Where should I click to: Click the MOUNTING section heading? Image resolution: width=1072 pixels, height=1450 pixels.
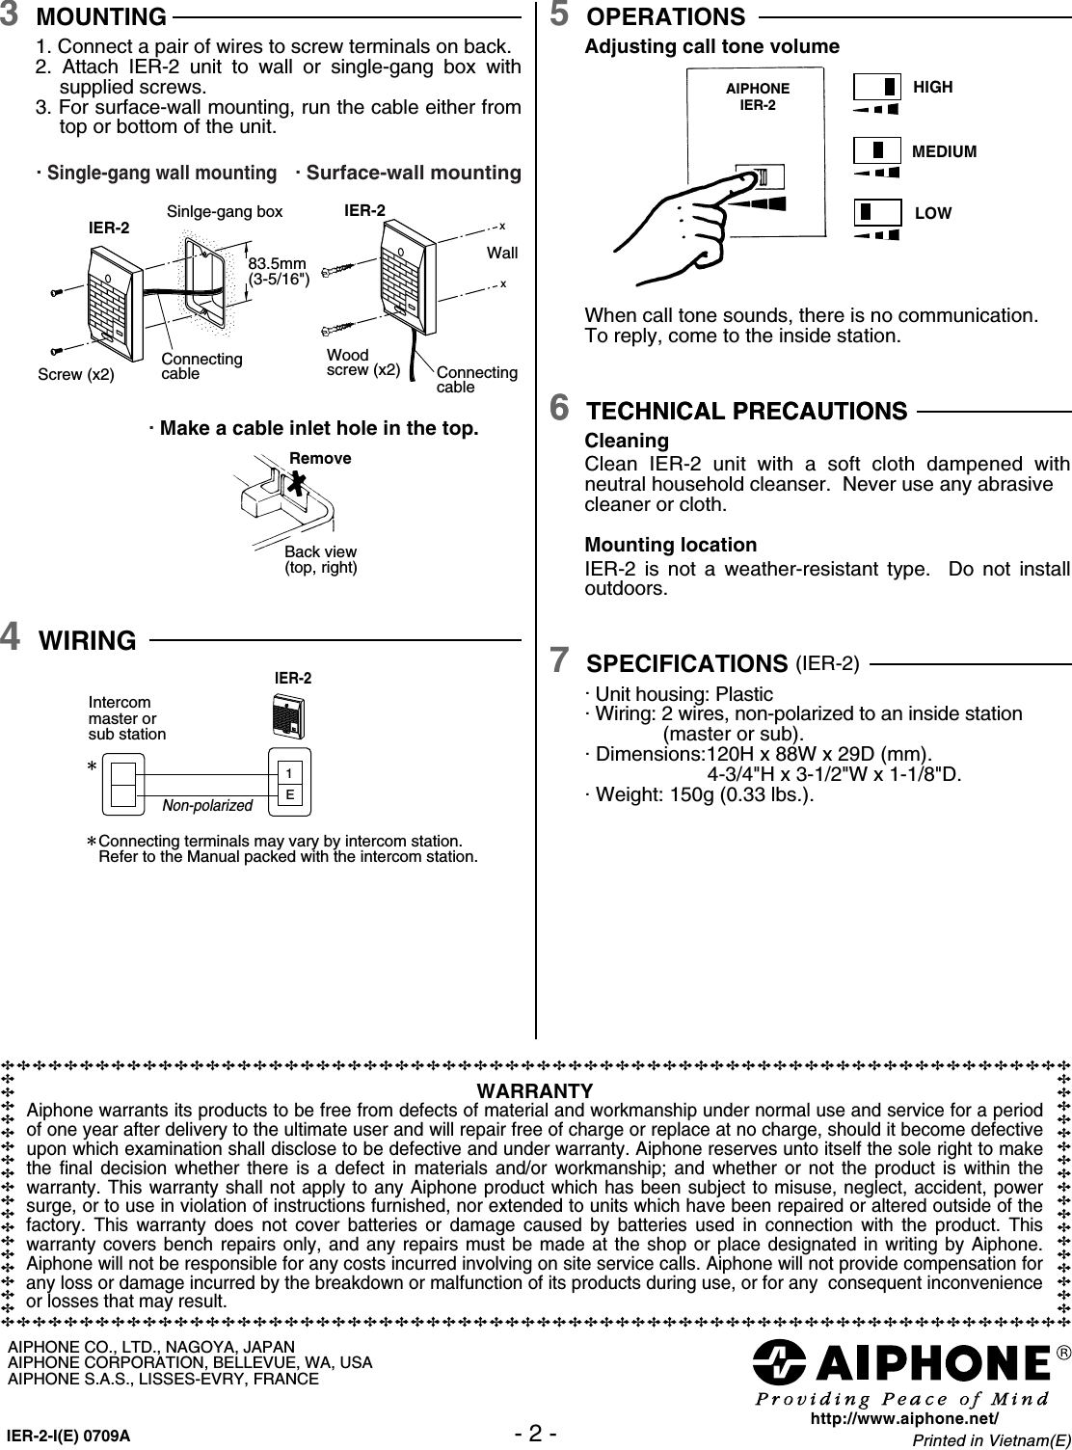(100, 17)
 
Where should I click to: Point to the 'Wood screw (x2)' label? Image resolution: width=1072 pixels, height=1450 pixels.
(362, 362)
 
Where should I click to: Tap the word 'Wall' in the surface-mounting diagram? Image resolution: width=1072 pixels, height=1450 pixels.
(502, 253)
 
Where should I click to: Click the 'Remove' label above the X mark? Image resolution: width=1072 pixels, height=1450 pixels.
(320, 458)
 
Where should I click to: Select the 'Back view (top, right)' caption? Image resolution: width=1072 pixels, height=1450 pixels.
(320, 559)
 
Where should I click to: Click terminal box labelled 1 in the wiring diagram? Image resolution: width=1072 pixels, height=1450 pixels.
(288, 773)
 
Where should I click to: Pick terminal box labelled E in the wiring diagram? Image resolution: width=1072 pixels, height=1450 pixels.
(288, 794)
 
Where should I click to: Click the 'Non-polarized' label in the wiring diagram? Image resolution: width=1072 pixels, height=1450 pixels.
(207, 805)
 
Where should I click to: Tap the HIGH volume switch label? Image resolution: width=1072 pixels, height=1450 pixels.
(932, 87)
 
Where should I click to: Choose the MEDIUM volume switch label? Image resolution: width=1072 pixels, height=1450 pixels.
(944, 151)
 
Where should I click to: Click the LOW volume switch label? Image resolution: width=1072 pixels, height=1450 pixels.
(932, 213)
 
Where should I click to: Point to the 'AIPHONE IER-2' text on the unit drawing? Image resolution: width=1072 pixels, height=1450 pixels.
(757, 96)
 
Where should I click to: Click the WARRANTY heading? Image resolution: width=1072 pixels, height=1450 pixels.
(535, 1090)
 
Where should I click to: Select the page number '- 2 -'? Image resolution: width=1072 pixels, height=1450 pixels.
(535, 1433)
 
